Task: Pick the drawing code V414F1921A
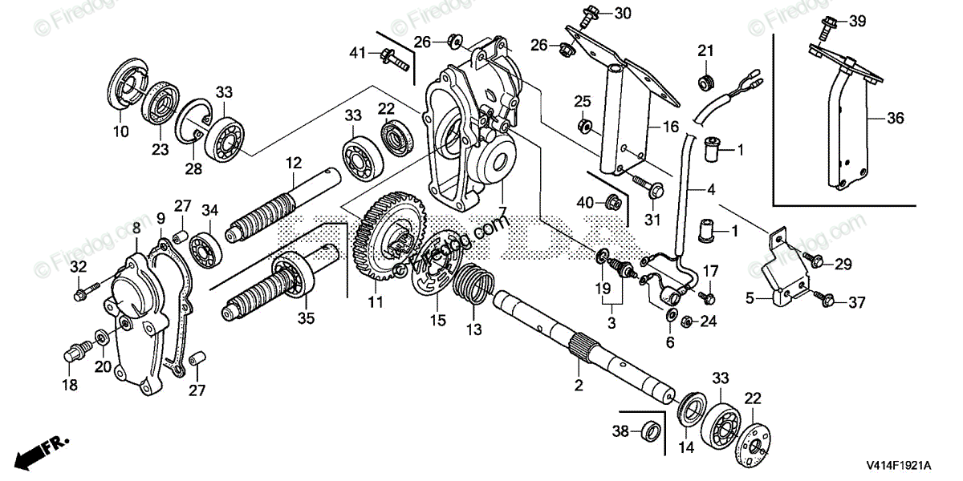tap(897, 465)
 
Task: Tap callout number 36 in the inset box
tap(896, 118)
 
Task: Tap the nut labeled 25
tap(587, 126)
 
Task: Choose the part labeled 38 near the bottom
tap(652, 431)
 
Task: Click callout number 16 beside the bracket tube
tap(671, 126)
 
